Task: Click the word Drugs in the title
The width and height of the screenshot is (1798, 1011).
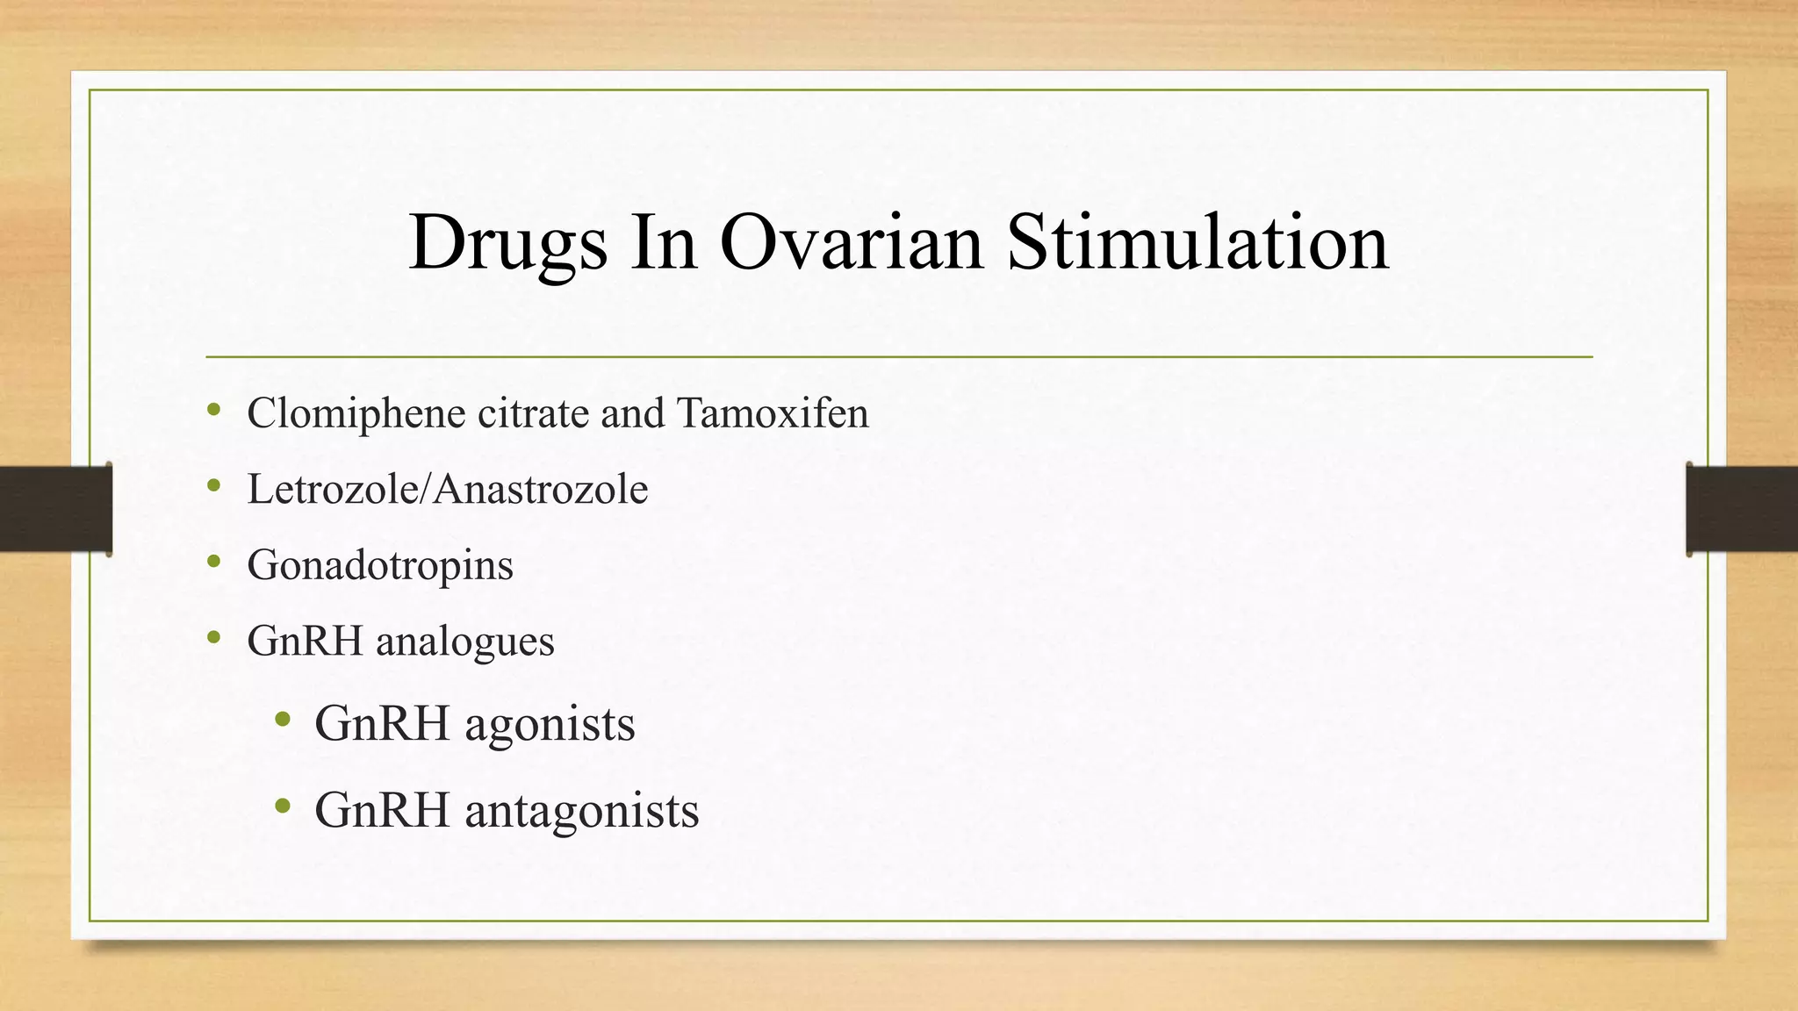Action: [507, 242]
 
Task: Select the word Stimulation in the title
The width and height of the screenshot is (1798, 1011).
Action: [1197, 242]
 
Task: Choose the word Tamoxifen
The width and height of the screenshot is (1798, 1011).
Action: [773, 413]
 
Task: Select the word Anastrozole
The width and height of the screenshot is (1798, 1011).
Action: [541, 489]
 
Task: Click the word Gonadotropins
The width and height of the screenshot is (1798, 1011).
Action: [380, 565]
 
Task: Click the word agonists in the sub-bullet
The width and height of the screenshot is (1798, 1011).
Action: [550, 724]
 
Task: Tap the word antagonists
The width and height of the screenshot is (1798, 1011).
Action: [581, 810]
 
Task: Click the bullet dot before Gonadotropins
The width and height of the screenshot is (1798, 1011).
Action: [214, 562]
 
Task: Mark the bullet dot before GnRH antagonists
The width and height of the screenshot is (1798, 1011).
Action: [282, 806]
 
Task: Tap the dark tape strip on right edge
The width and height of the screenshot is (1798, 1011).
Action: [1742, 509]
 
